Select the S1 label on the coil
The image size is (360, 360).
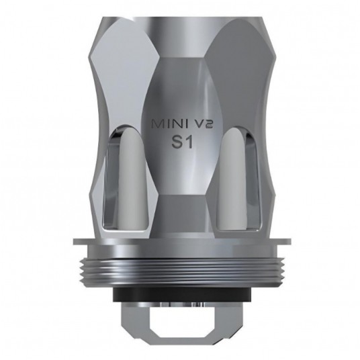coord(181,144)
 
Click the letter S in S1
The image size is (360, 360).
coord(174,144)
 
